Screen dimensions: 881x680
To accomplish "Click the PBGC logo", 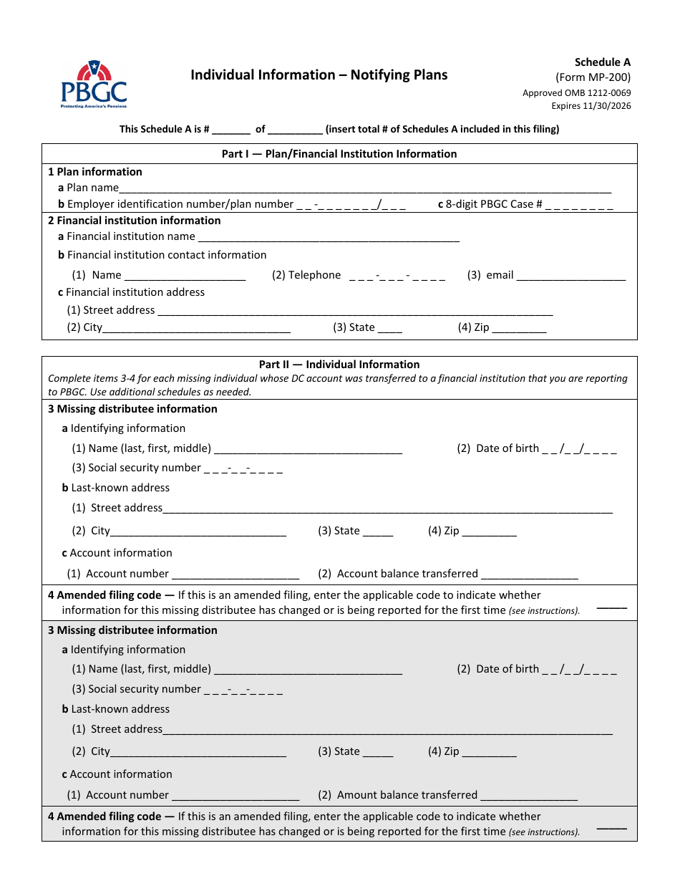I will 93,85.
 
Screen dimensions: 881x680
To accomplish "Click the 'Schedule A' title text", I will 602,62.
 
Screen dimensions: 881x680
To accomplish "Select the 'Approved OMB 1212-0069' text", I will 576,92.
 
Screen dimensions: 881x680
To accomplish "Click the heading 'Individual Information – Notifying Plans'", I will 319,75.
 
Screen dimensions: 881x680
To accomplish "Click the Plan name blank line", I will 365,188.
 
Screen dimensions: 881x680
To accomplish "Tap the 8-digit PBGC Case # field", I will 579,205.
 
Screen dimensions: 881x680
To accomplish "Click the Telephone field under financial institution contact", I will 397,276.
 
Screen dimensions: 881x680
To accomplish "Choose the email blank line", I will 570,276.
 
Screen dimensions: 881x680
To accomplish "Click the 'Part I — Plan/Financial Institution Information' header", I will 339,154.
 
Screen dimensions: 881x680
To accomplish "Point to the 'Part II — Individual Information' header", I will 339,365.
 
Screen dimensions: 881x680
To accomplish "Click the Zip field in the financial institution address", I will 519,329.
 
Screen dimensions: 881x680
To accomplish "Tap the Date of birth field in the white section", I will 579,449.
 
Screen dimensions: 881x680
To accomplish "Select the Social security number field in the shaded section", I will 243,690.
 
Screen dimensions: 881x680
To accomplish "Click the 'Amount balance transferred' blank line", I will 529,796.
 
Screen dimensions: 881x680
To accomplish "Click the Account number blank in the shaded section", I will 235,796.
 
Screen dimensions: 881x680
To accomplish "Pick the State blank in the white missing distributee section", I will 377,532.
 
